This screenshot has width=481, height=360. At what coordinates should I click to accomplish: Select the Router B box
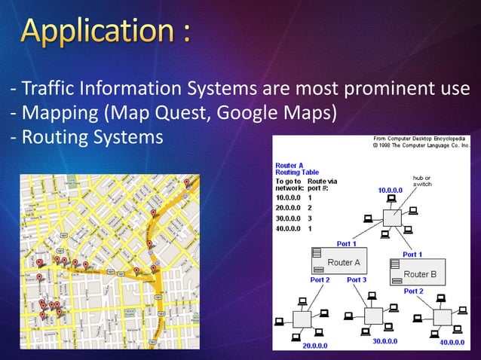(x=417, y=272)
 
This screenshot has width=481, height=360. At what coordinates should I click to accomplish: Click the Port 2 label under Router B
(x=413, y=291)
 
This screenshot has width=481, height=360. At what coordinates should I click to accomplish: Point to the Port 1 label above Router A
(x=347, y=243)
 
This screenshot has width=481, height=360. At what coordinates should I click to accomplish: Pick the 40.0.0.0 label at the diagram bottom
(x=452, y=342)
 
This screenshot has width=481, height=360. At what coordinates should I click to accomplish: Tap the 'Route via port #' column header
(x=323, y=185)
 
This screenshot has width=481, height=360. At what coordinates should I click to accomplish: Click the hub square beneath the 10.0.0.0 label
(x=393, y=218)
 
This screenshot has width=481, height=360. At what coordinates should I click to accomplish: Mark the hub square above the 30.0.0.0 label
(x=372, y=317)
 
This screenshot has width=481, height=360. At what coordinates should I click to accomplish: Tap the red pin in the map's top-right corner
(x=186, y=182)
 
